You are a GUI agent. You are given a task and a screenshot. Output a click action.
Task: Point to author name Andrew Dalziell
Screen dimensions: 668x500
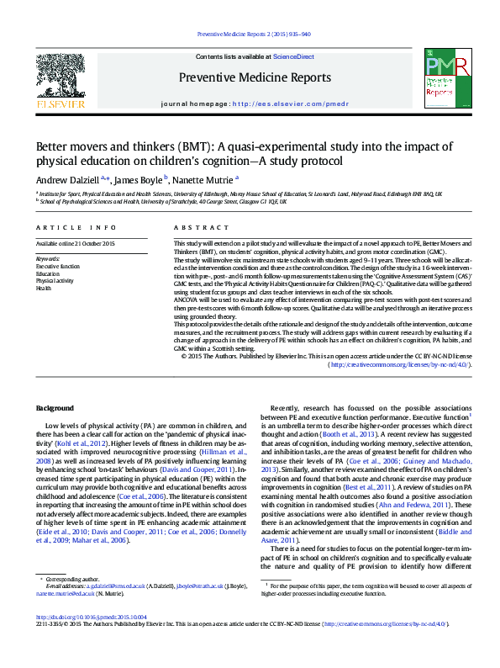(66, 178)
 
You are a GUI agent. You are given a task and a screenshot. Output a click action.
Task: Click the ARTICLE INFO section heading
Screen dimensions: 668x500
(66, 228)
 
